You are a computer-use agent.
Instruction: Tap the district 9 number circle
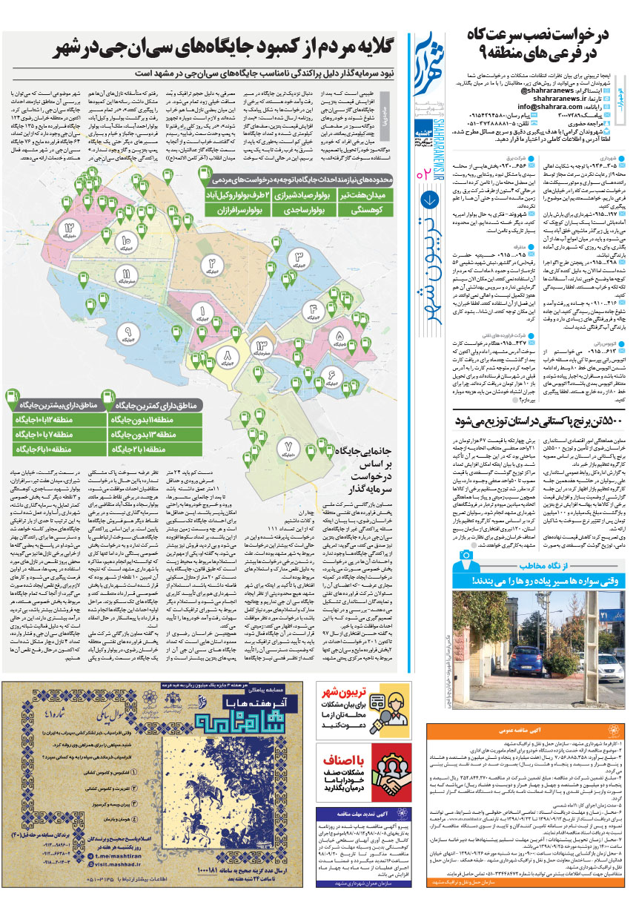[x=127, y=331]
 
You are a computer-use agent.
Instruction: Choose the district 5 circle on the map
[x=339, y=335]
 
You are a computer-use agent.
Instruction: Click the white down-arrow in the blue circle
[x=429, y=200]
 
